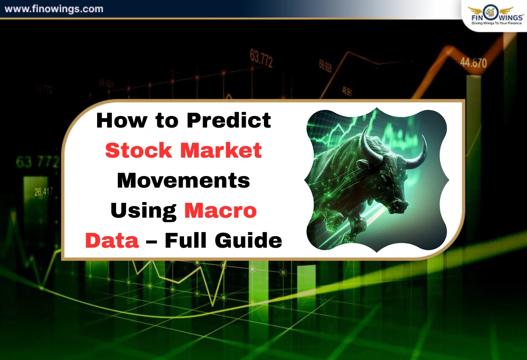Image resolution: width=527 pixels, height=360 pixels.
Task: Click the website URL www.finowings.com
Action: tap(54, 9)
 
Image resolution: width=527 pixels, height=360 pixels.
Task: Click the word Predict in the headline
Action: tap(229, 121)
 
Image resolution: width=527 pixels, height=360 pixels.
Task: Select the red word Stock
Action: tap(138, 151)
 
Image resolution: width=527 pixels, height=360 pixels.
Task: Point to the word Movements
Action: tap(183, 180)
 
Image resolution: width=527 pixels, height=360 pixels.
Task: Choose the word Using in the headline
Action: tap(143, 210)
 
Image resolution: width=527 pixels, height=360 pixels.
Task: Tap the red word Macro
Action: tap(220, 210)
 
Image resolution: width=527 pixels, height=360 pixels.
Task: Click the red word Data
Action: tap(112, 240)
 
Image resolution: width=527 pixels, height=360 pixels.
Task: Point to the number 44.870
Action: tap(473, 63)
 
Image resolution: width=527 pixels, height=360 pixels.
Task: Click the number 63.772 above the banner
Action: tap(261, 58)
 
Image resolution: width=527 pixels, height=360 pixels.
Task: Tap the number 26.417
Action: tap(44, 191)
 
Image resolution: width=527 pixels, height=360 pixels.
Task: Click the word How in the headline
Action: tap(117, 121)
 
